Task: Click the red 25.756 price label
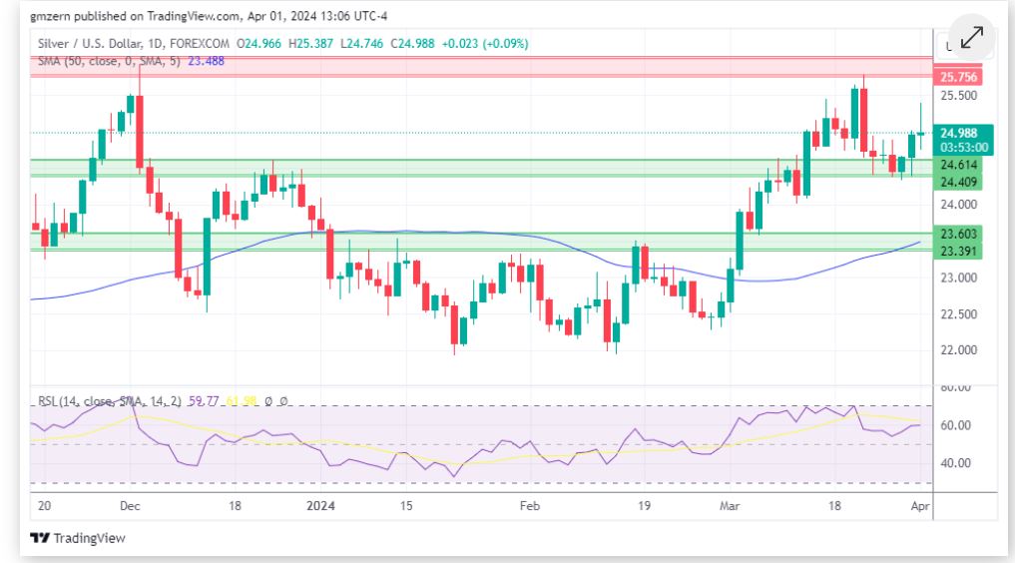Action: (958, 77)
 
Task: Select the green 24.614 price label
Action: (958, 164)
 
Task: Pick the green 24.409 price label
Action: (958, 181)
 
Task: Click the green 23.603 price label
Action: (958, 234)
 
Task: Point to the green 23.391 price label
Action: (958, 251)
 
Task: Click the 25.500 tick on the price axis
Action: (958, 96)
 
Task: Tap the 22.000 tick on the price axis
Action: (958, 350)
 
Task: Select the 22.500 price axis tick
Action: (958, 314)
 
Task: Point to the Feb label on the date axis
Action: (530, 506)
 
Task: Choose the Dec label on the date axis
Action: (130, 506)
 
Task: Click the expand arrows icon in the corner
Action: (971, 37)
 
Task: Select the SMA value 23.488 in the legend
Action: (207, 61)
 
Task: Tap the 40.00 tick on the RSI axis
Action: (957, 463)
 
